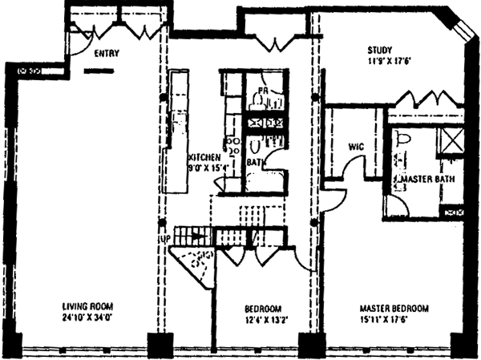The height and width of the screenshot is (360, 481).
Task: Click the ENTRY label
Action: point(107,55)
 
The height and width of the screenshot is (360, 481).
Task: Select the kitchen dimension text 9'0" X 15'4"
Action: point(206,169)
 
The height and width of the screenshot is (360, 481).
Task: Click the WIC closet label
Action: point(357,147)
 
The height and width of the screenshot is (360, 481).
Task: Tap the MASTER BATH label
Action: point(428,178)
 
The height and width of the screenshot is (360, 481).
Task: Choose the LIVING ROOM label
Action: point(88,307)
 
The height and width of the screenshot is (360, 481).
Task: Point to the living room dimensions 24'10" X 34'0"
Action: point(88,318)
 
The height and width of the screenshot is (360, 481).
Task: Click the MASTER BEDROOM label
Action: point(393,308)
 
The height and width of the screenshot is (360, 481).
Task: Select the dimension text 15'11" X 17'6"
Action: point(393,318)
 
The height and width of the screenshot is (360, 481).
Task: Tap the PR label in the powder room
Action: point(261,91)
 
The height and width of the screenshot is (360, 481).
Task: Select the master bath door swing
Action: point(394,206)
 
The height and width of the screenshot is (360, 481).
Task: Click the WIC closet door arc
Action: point(347,171)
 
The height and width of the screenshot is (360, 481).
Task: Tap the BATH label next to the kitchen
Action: point(256,161)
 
